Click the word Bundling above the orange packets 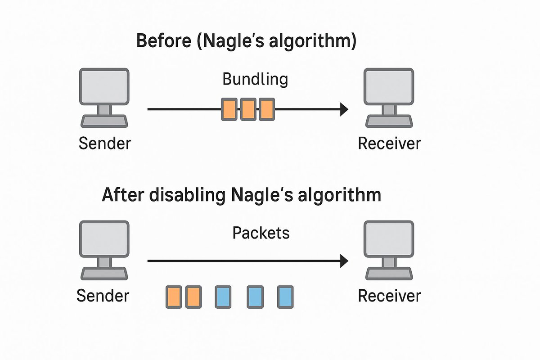click(x=255, y=79)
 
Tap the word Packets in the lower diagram click(x=261, y=233)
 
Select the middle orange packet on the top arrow click(x=248, y=109)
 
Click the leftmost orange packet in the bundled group click(x=229, y=109)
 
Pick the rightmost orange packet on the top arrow click(x=266, y=109)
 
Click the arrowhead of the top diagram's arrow click(x=344, y=109)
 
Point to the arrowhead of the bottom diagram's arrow click(x=344, y=261)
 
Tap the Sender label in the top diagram click(x=104, y=144)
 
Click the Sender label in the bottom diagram click(x=103, y=296)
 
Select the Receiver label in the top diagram click(x=389, y=144)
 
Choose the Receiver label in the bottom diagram click(x=389, y=296)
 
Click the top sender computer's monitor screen click(x=104, y=86)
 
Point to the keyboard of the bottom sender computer click(x=104, y=273)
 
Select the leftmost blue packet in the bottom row click(x=223, y=297)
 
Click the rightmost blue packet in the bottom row click(x=285, y=297)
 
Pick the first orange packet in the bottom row click(x=174, y=297)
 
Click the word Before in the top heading click(x=164, y=42)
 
